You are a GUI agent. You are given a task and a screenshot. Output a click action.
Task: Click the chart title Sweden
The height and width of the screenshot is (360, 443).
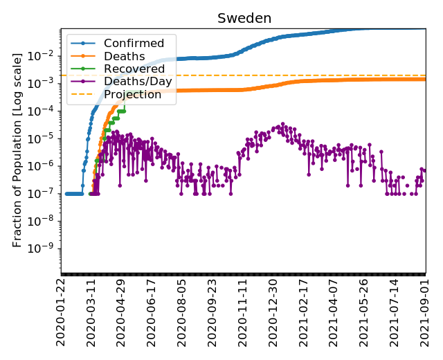244,18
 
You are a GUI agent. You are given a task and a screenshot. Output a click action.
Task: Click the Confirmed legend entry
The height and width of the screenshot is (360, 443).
134,44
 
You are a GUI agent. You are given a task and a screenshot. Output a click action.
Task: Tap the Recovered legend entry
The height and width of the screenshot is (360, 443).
134,69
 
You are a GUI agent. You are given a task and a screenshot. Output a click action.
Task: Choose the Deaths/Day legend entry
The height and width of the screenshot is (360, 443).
138,82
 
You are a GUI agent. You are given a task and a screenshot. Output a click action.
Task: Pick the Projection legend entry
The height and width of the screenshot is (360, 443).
133,94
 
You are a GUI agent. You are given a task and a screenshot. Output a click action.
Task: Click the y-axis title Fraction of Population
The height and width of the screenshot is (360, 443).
18,149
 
